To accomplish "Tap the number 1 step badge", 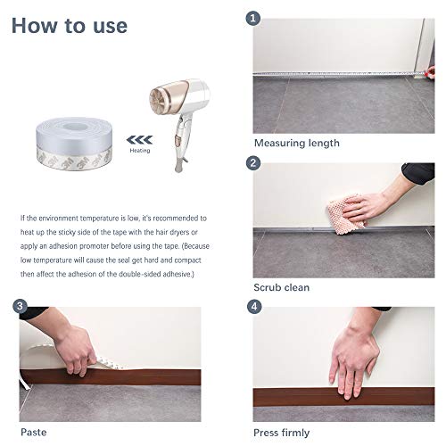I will coord(254,17).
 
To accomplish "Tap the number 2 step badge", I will coord(254,162).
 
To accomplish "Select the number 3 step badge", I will coord(20,306).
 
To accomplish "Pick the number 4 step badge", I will coord(254,306).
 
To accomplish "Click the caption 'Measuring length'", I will coord(295,143).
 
